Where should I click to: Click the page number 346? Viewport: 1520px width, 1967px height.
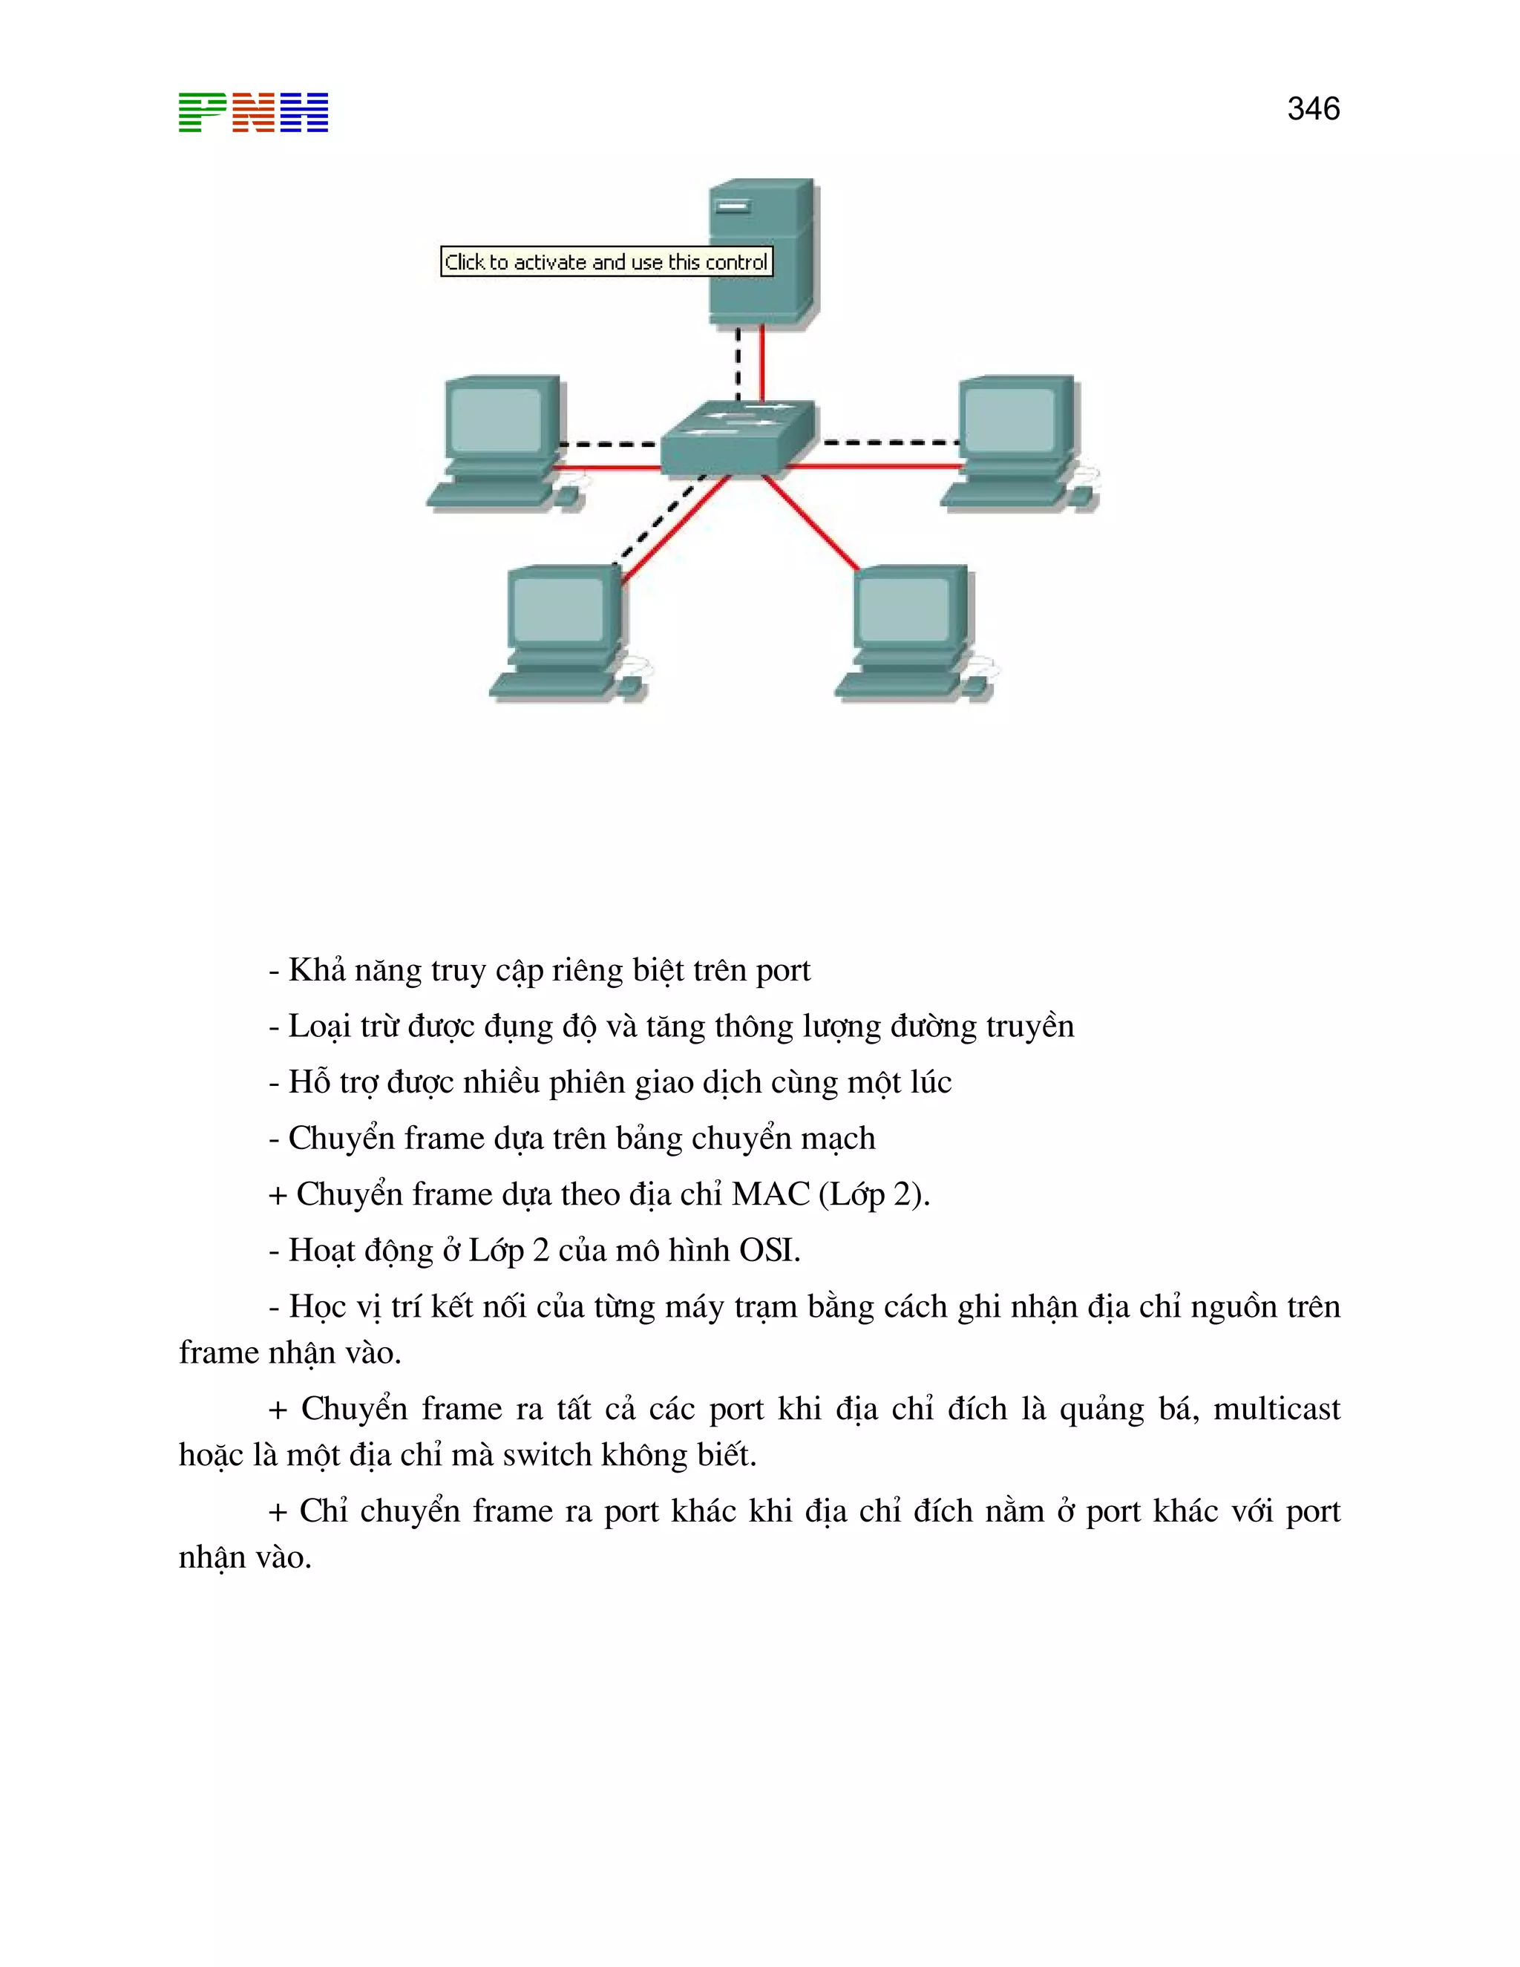tap(1313, 109)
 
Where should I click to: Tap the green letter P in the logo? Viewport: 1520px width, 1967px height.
tap(202, 113)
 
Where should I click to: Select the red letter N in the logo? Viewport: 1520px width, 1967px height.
tap(253, 113)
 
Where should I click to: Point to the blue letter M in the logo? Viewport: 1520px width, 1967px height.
tap(304, 113)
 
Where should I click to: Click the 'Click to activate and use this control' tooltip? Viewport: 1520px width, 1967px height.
tap(606, 262)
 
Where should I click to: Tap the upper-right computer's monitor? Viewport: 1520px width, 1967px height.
tap(1014, 417)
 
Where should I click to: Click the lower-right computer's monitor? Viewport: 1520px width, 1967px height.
tap(908, 607)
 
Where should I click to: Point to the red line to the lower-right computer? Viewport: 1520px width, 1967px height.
tap(810, 523)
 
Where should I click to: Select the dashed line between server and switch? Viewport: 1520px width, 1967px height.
tap(738, 364)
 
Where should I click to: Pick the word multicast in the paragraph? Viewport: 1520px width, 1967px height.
tap(1276, 1409)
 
